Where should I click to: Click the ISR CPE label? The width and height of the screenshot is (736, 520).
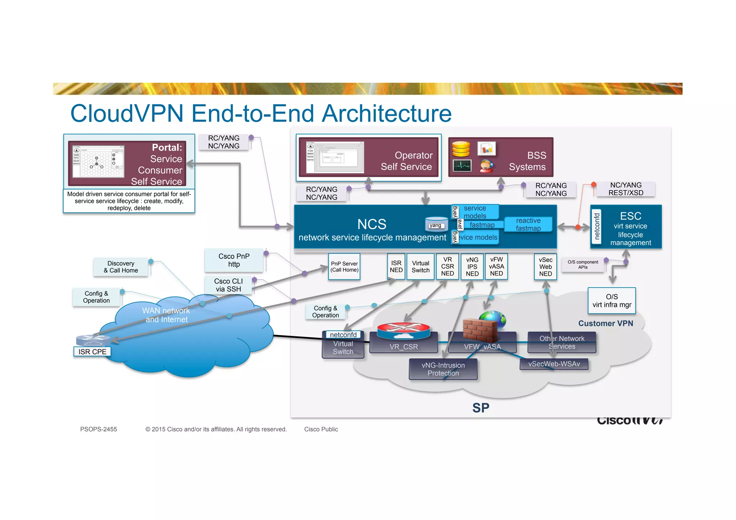[x=92, y=351]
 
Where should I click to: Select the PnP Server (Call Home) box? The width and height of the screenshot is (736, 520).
[x=344, y=267]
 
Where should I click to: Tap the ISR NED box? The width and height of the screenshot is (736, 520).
[x=396, y=267]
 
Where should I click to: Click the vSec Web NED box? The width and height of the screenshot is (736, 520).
[x=545, y=267]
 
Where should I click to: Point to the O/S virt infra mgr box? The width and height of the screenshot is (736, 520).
[x=612, y=300]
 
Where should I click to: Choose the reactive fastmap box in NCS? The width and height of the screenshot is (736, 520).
[x=528, y=224]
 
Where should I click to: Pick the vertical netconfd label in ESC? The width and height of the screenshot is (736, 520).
[x=597, y=226]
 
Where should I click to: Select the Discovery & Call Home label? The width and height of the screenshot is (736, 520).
[x=121, y=267]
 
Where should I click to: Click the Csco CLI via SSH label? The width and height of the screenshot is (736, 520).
[x=228, y=285]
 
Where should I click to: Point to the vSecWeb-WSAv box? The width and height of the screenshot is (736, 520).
[x=554, y=364]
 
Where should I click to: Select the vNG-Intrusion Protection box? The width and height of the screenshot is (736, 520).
[x=443, y=369]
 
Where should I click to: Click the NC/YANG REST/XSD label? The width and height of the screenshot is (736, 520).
[x=625, y=189]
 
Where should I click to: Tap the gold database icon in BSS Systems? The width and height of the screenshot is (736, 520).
[x=461, y=149]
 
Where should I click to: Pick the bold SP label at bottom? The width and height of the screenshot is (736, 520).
[x=480, y=408]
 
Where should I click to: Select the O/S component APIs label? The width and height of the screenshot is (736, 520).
[x=583, y=264]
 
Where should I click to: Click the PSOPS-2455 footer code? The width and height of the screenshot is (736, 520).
[x=98, y=429]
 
